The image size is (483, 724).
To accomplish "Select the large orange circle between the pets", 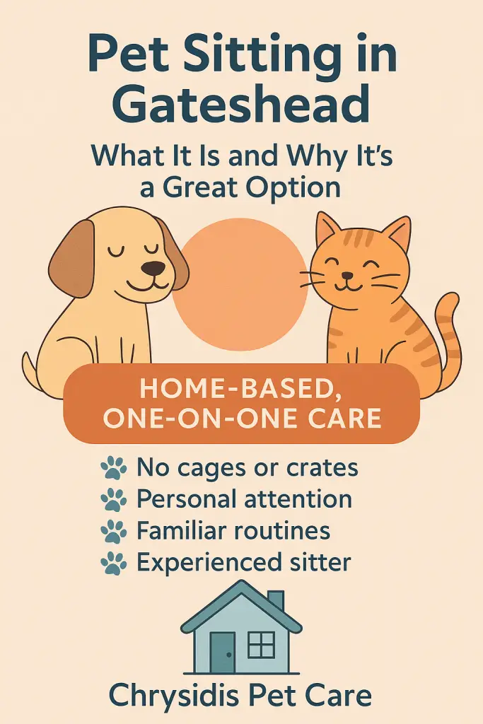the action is click(240, 284).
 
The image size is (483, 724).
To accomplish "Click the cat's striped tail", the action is click(446, 332).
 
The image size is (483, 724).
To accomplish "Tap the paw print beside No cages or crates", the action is click(113, 468).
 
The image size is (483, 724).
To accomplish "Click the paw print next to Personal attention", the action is click(113, 500).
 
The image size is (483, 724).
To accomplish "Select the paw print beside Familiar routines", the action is click(113, 531).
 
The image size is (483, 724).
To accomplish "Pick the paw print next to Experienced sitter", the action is click(113, 563).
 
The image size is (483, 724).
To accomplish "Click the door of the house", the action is click(222, 652).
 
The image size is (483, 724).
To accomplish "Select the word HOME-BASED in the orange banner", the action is click(240, 389).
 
